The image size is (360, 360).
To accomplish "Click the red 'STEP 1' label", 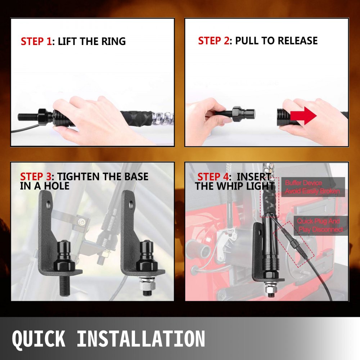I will click(x=36, y=41).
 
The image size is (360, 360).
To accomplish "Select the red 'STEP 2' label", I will click(x=213, y=41).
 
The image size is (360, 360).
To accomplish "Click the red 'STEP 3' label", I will click(x=36, y=177).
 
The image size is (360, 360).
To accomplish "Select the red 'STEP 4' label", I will click(x=213, y=177).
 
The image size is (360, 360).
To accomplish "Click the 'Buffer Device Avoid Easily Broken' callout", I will click(x=312, y=187).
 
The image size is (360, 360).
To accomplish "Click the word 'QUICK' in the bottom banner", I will click(x=39, y=339).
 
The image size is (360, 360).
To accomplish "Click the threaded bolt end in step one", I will click(x=27, y=117).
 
